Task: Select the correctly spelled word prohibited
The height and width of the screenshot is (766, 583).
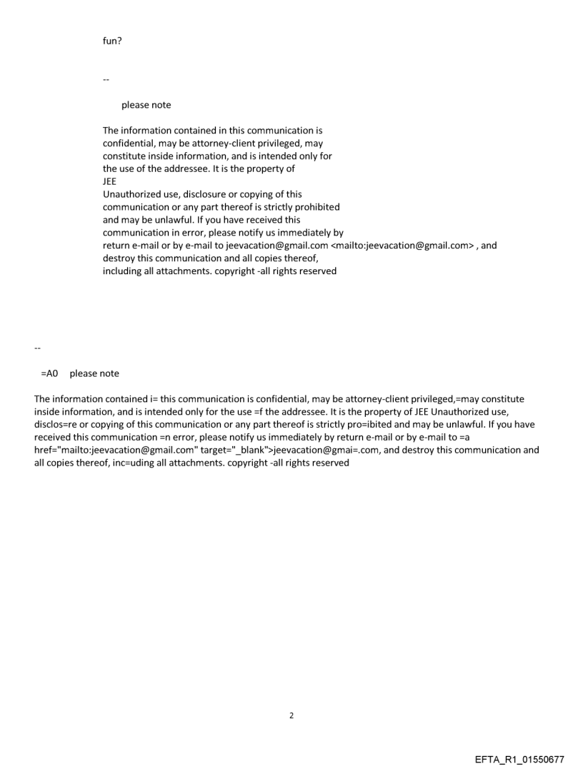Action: pyautogui.click(x=316, y=207)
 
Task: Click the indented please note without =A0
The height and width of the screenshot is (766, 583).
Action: pyautogui.click(x=146, y=105)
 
